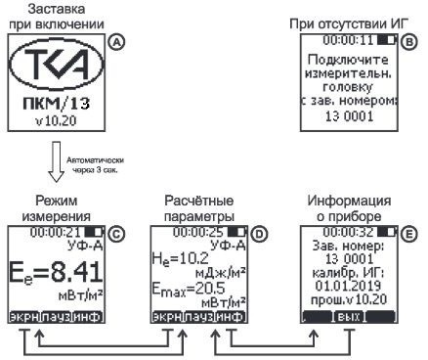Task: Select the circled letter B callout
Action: click(x=409, y=44)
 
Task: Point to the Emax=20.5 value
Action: click(x=184, y=289)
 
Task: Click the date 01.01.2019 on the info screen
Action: click(x=350, y=290)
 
